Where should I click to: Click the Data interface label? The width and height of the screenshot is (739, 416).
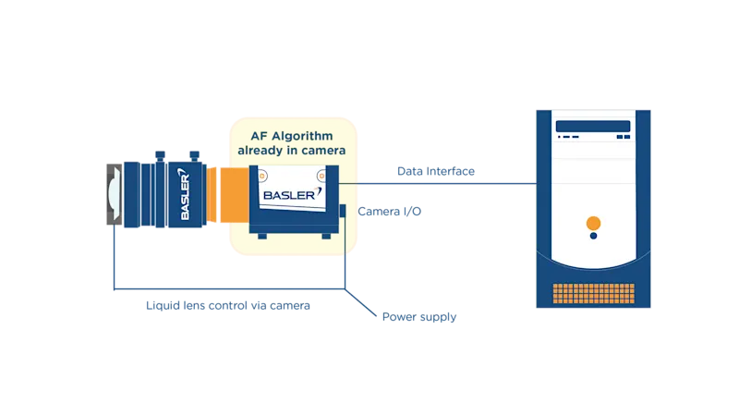[435, 171]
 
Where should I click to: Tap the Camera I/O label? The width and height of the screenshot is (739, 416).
[389, 212]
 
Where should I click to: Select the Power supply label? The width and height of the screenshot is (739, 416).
[419, 317]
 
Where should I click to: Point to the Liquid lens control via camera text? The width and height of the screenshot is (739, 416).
[228, 305]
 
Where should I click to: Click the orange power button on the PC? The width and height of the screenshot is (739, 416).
[593, 223]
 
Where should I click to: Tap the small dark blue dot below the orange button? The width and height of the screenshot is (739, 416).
[593, 237]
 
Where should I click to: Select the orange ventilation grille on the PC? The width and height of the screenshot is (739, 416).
[593, 293]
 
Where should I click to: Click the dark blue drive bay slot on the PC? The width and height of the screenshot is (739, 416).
[592, 127]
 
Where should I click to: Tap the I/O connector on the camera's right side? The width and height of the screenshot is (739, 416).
[344, 214]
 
